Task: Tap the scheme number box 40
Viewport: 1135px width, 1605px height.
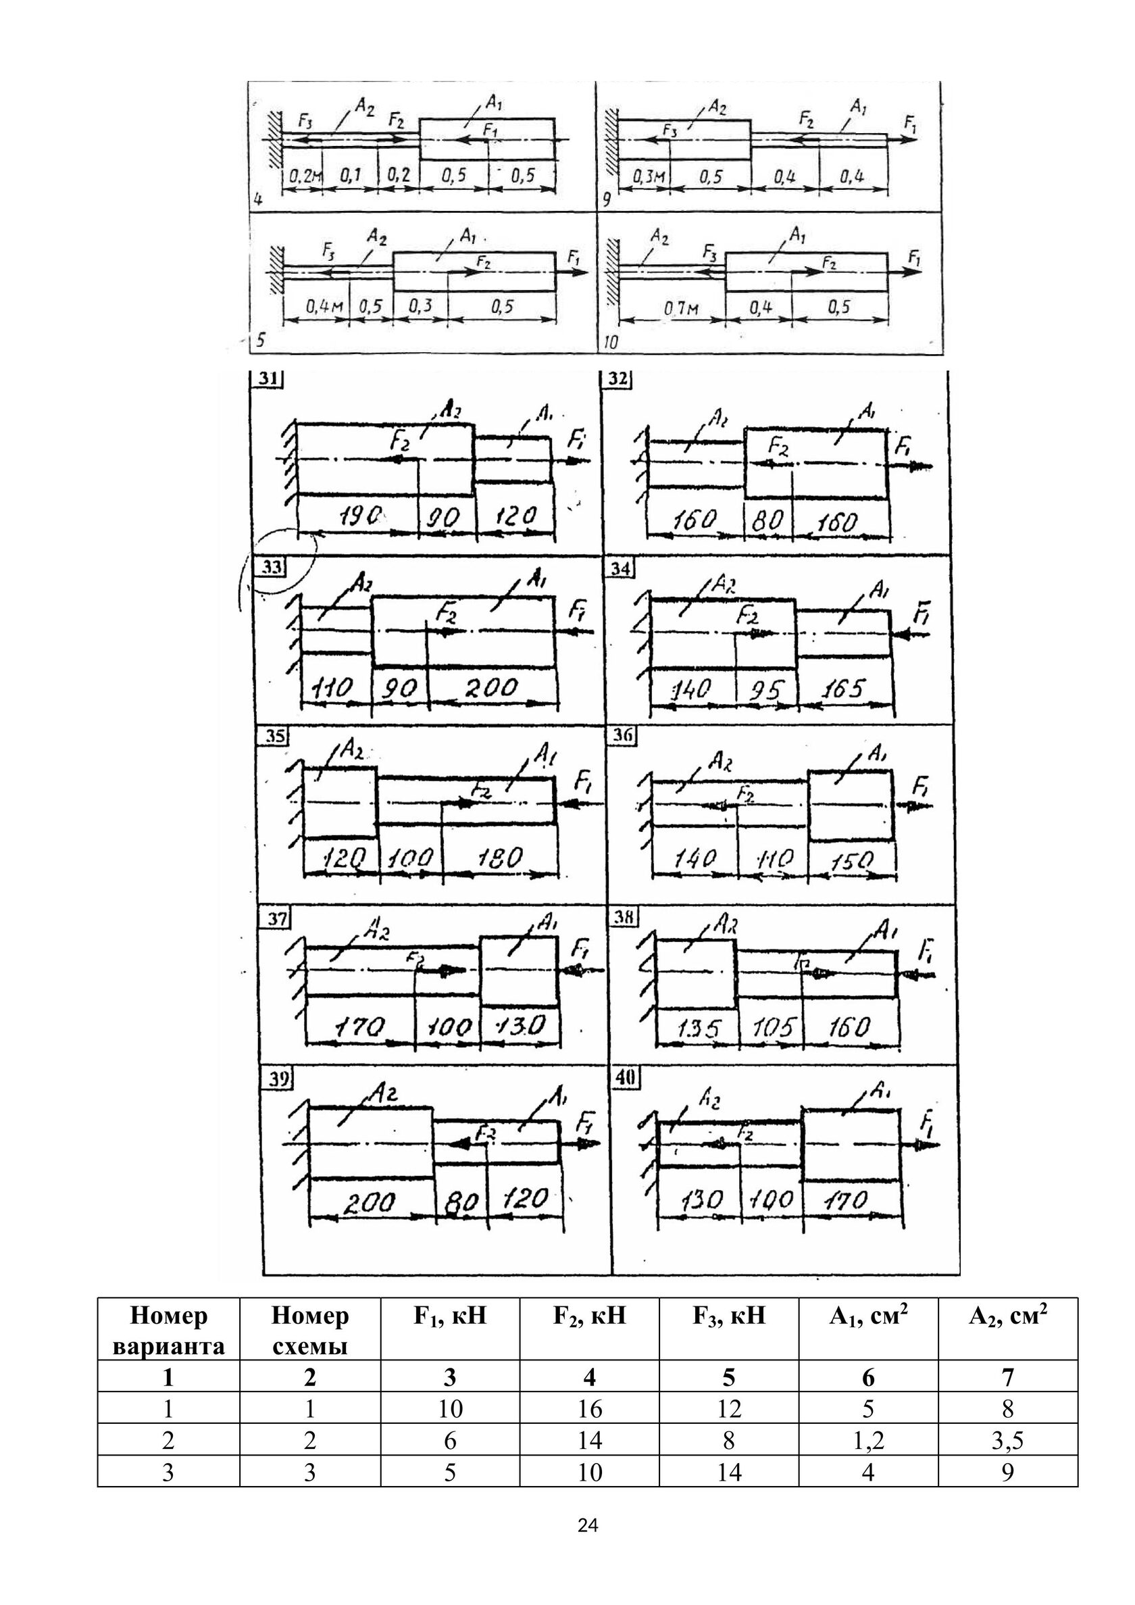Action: pyautogui.click(x=626, y=1078)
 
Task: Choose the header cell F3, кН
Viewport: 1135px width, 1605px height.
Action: pyautogui.click(x=728, y=1316)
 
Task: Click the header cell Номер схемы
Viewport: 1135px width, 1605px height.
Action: pyautogui.click(x=309, y=1330)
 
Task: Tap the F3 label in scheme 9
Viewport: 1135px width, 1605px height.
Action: pyautogui.click(x=670, y=130)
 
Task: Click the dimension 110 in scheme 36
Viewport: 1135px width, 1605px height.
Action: pyautogui.click(x=776, y=858)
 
